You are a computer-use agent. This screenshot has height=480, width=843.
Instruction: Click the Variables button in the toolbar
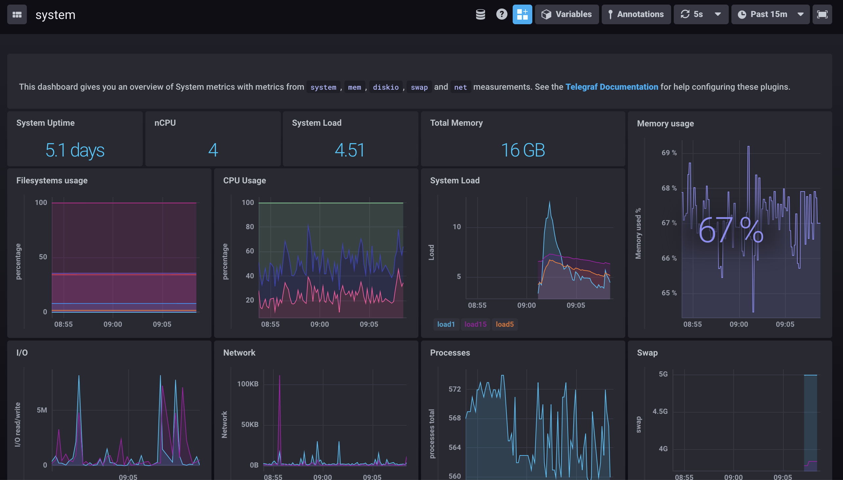point(566,14)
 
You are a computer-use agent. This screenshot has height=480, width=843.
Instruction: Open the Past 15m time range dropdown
point(770,14)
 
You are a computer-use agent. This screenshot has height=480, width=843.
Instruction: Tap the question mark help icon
point(501,14)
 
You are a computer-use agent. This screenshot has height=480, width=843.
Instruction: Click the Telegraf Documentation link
point(611,87)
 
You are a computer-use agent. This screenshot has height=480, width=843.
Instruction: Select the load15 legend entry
point(475,324)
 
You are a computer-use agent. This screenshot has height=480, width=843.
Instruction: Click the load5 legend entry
point(504,324)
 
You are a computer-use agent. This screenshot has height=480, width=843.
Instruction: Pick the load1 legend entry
point(446,324)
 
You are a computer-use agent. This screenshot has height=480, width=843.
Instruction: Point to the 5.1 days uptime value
point(75,150)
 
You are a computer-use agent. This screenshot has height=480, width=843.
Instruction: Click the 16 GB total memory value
point(523,150)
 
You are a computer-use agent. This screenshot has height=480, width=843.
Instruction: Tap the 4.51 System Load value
point(350,150)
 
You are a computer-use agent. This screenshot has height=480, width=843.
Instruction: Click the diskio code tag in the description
point(385,87)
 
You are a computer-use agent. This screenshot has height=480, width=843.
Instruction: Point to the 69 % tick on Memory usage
point(669,153)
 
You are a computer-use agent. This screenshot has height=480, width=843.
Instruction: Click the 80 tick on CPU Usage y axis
point(249,227)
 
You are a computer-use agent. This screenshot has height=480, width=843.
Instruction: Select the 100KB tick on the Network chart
point(247,384)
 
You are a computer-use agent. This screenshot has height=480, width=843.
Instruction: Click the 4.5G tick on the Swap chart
point(660,411)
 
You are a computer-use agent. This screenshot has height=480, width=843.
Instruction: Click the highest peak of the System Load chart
point(549,202)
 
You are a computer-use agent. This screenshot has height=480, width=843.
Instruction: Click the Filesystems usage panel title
point(52,180)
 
